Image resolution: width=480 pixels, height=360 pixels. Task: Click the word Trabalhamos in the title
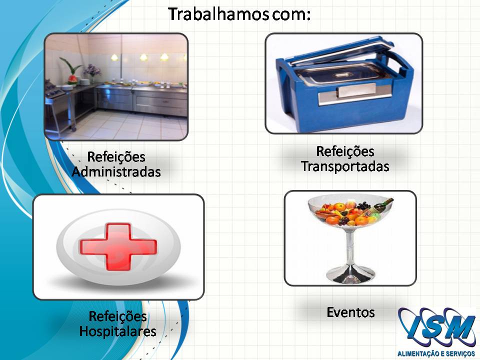[219, 14]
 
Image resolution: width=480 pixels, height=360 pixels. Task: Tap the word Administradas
[116, 171]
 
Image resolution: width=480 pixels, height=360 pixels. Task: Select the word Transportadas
[345, 166]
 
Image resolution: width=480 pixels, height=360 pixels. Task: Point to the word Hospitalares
[118, 331]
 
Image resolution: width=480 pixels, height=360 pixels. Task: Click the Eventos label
[351, 312]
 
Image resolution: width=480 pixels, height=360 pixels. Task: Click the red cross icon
[118, 246]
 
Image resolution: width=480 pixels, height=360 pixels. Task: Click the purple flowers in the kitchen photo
[91, 70]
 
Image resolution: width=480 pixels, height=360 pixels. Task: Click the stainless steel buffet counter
[141, 97]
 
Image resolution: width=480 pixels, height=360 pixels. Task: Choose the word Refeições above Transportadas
[345, 151]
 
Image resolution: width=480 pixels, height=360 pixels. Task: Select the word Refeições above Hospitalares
[118, 316]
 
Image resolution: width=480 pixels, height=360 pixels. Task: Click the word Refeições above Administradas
[116, 156]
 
